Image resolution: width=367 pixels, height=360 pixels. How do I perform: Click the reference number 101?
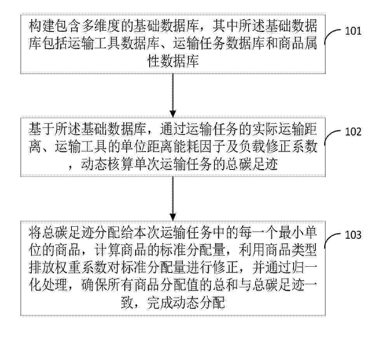pos(353,31)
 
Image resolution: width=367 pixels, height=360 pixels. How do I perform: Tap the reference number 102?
pos(353,132)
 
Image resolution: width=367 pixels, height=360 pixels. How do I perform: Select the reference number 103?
pos(353,235)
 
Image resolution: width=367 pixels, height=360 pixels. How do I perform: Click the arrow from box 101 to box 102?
pos(173,95)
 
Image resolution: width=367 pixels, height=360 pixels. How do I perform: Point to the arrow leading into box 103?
pos(173,199)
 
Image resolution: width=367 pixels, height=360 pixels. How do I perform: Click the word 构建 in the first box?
pos(42,26)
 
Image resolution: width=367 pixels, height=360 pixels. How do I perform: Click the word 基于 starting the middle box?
pos(42,129)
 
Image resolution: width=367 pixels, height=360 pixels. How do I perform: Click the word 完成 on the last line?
pos(160,303)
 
